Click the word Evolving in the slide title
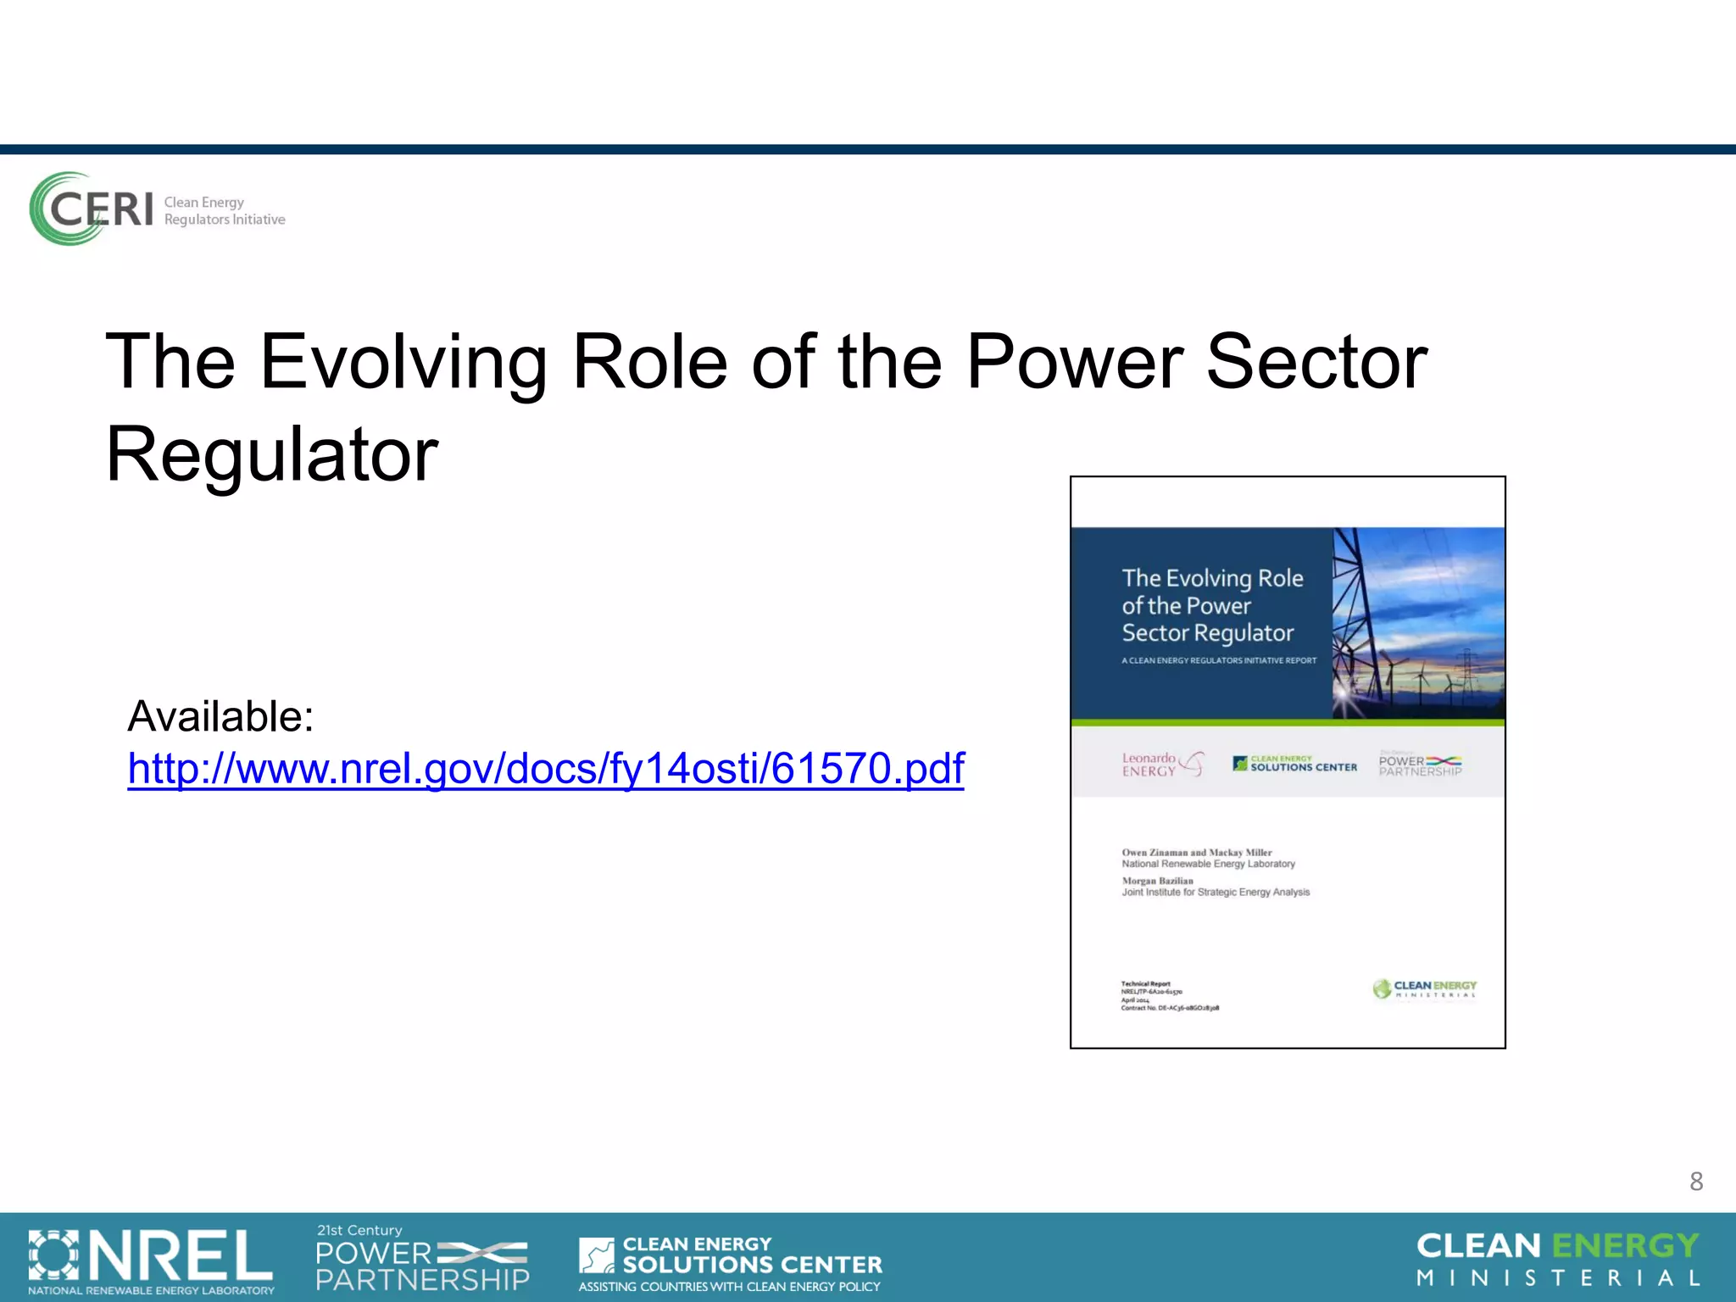coord(403,363)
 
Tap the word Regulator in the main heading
coord(272,455)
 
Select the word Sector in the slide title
coord(1316,363)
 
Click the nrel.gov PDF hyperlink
coord(546,769)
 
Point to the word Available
coord(220,716)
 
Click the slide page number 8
coord(1695,1181)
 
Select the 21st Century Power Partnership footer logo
coord(422,1259)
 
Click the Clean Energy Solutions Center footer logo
coord(730,1263)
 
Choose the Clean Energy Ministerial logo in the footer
coord(1558,1259)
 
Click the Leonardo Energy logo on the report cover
coord(1162,764)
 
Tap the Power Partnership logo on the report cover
coord(1420,764)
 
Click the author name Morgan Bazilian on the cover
coord(1157,881)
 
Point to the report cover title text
coord(1211,605)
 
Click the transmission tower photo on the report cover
coord(1418,623)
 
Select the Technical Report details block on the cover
coord(1169,996)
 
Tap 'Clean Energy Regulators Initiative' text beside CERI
coord(224,211)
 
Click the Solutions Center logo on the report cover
coord(1294,764)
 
